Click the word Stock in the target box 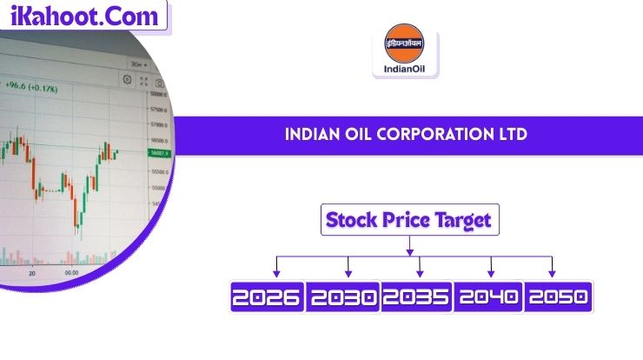click(351, 220)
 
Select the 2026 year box click(266, 298)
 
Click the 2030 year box click(343, 298)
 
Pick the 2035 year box click(418, 298)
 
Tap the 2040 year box click(489, 298)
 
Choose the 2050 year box click(559, 298)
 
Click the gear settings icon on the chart click(127, 79)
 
